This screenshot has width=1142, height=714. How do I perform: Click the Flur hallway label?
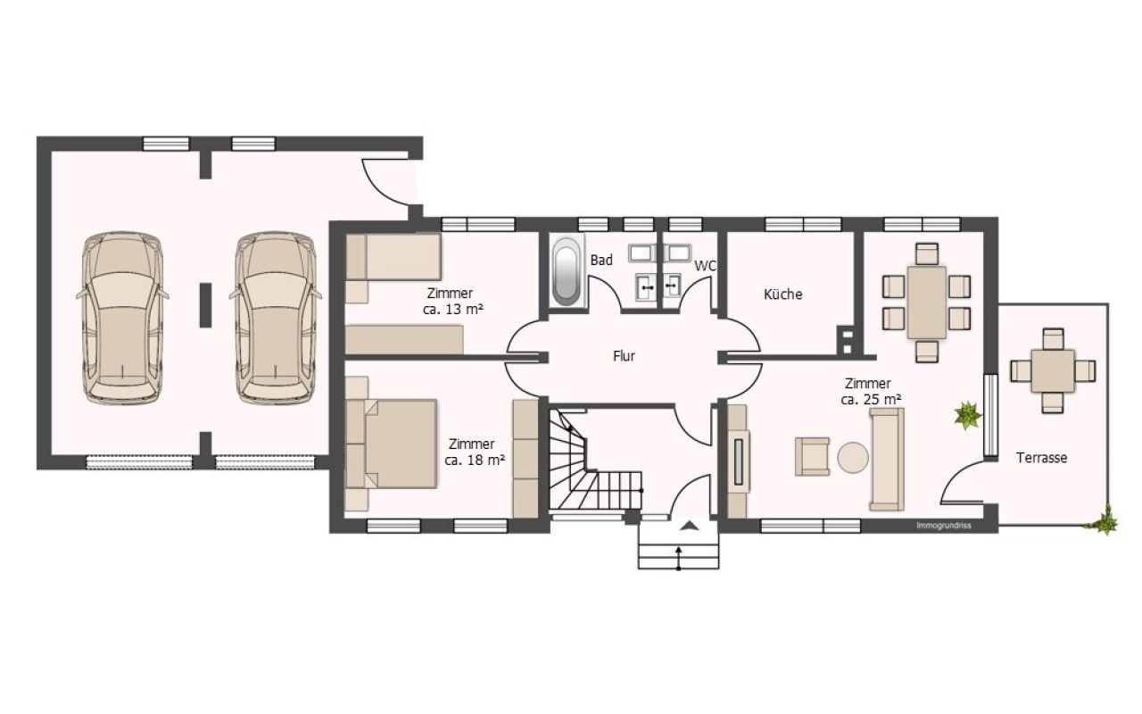point(624,356)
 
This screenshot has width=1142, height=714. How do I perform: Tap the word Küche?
point(783,294)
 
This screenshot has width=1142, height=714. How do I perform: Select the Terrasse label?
point(1041,458)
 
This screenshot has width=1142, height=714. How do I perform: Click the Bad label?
point(601,260)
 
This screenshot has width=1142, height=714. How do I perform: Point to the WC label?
point(706,266)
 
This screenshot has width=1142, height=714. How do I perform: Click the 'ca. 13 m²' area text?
point(453,309)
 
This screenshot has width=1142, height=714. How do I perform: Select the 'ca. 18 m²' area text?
point(476,460)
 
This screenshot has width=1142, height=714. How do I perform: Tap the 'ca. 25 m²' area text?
point(872,399)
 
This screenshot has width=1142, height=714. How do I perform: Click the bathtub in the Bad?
point(566,270)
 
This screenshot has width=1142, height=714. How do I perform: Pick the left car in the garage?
point(122,318)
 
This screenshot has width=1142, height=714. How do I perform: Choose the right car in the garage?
point(276,318)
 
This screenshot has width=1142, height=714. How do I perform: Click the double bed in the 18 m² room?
point(392,444)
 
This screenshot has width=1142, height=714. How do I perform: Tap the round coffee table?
point(852,458)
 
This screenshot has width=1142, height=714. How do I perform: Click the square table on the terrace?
point(1053,370)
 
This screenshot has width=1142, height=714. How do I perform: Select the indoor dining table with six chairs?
point(927,303)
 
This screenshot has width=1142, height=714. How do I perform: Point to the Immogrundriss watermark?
point(944,526)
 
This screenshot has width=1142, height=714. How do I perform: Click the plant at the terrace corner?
point(1105,520)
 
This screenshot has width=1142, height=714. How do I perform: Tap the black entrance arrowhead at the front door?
point(688,526)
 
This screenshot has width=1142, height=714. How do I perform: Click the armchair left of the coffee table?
point(812,456)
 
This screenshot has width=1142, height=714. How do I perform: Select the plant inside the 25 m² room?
point(967,415)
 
